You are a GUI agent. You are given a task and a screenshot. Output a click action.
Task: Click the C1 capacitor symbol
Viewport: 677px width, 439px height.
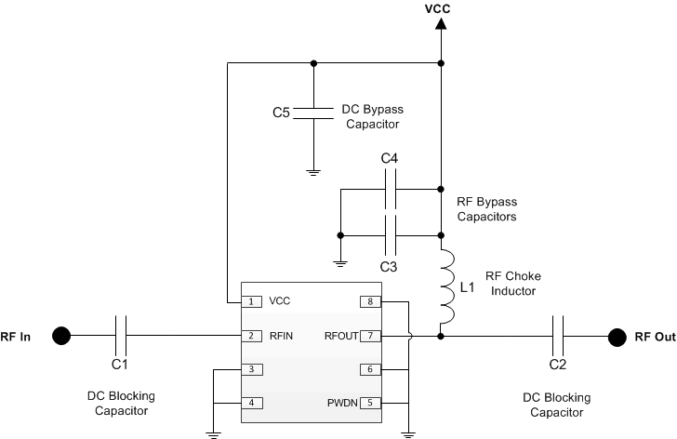click(121, 336)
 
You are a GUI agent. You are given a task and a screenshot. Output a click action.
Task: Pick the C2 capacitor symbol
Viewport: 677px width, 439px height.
click(557, 336)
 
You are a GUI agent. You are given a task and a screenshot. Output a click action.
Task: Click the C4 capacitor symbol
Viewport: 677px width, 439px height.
click(391, 190)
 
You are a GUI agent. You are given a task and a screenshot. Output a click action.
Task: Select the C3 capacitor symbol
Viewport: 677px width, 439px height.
click(391, 234)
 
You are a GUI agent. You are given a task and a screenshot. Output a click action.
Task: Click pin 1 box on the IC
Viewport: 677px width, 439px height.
click(251, 301)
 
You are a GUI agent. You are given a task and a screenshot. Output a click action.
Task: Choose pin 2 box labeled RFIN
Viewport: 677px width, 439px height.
click(251, 336)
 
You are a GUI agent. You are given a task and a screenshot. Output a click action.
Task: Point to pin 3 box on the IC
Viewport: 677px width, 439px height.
click(251, 369)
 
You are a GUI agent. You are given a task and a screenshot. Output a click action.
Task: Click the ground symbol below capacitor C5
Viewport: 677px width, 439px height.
click(313, 170)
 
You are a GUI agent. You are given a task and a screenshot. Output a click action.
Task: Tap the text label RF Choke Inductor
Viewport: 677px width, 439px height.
click(512, 284)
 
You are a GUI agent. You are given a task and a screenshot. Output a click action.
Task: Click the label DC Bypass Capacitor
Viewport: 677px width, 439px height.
click(365, 116)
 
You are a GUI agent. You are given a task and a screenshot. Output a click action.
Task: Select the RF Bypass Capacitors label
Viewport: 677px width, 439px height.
click(486, 208)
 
